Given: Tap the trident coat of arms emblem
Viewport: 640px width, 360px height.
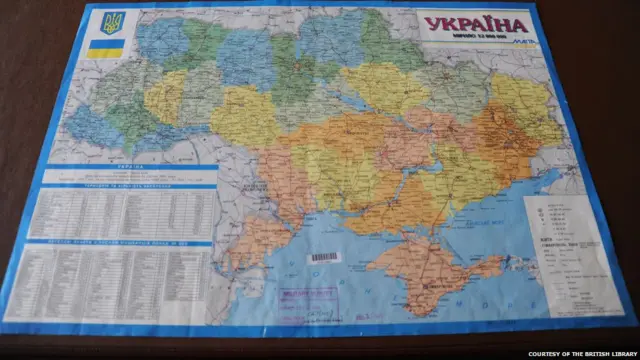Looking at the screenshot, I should (x=107, y=22).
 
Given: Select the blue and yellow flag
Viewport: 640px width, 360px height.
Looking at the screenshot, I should (x=105, y=47).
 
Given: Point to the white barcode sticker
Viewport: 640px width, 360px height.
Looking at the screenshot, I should (x=324, y=257).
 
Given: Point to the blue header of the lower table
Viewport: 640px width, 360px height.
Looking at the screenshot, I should (x=118, y=244).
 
